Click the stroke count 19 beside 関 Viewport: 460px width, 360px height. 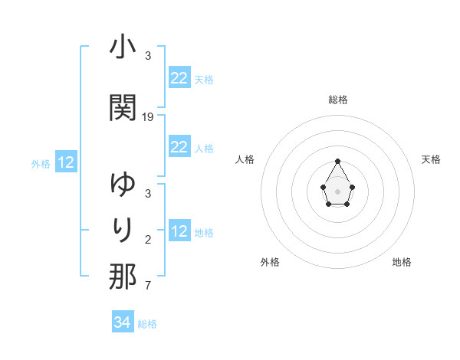[148, 116]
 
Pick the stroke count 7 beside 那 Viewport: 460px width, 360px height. [148, 286]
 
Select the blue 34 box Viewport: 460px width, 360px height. [122, 322]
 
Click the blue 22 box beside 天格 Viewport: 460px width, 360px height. [179, 78]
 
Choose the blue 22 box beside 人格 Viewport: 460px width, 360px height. [179, 147]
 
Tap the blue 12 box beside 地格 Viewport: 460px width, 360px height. [179, 231]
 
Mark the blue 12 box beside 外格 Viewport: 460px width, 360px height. [65, 162]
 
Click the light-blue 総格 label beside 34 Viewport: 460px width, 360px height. [147, 324]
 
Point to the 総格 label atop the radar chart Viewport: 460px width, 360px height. [337, 100]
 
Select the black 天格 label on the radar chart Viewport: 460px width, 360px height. [431, 159]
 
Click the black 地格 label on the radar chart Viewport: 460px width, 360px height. [402, 262]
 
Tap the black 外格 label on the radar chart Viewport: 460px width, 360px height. [270, 262]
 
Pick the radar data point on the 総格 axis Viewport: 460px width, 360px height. [337, 161]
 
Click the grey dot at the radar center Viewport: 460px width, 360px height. [337, 190]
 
